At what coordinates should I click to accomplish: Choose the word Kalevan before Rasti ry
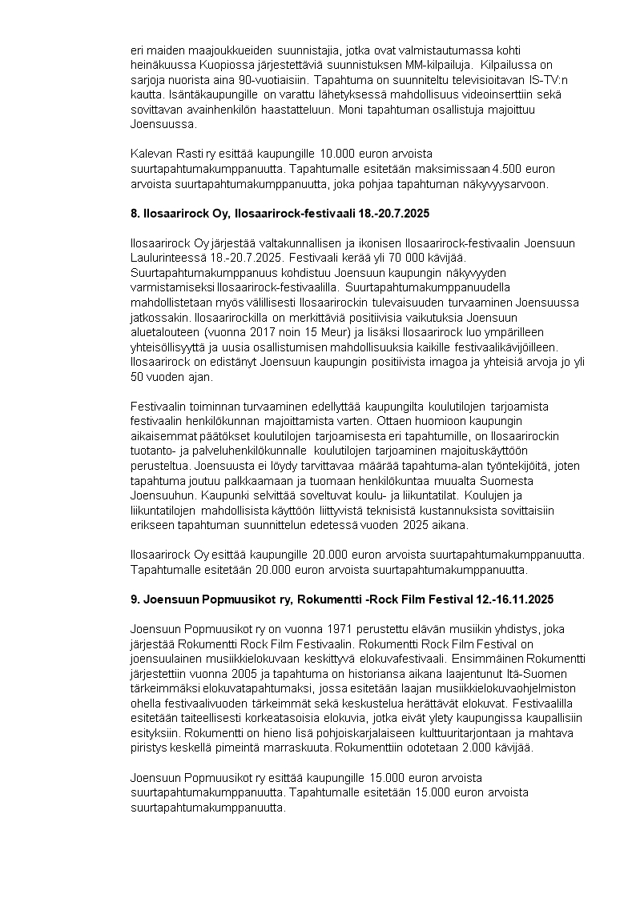coord(150,154)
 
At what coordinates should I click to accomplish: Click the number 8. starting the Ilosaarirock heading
coord(135,214)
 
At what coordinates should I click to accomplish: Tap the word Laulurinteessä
coord(167,258)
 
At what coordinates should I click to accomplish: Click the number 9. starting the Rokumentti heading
coord(135,599)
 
